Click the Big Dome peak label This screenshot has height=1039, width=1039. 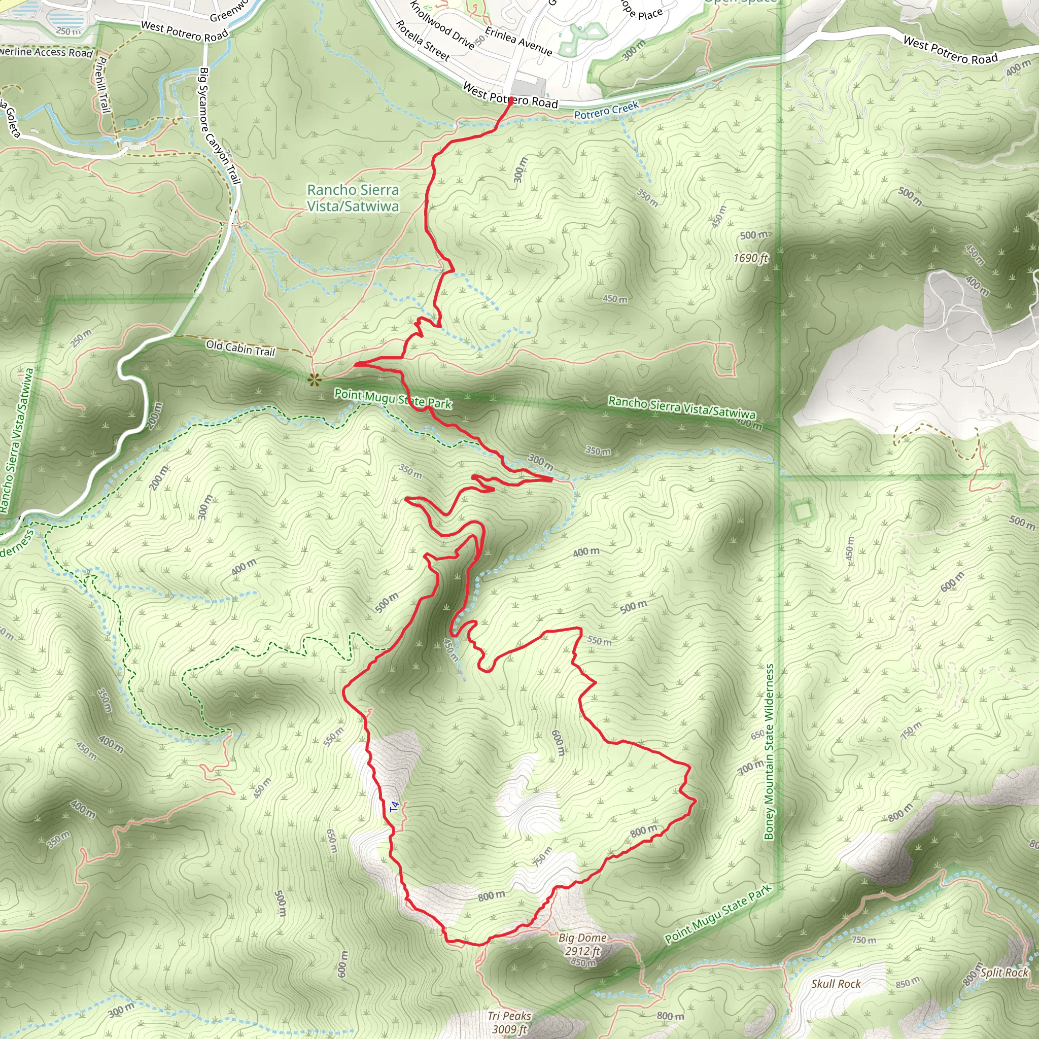pos(582,938)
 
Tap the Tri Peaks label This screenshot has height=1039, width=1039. pos(509,1015)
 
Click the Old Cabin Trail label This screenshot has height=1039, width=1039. pos(240,348)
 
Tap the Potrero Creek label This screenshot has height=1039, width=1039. pos(606,110)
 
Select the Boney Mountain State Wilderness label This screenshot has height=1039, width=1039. pos(769,751)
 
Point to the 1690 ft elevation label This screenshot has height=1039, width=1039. pos(751,258)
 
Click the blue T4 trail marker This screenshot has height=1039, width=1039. pos(395,807)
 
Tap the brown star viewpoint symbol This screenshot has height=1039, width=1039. pos(314,380)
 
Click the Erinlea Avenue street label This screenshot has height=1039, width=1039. pos(518,42)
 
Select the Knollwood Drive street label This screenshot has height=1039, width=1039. pos(442,25)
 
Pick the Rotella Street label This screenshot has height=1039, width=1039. pos(423,41)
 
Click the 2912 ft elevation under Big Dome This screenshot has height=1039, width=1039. pos(582,951)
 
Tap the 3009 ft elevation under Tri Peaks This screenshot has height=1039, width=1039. pos(509,1029)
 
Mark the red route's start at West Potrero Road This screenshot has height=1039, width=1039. pos(510,99)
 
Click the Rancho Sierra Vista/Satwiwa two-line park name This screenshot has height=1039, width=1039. pos(353,198)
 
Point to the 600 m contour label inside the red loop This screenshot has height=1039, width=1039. pos(558,743)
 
